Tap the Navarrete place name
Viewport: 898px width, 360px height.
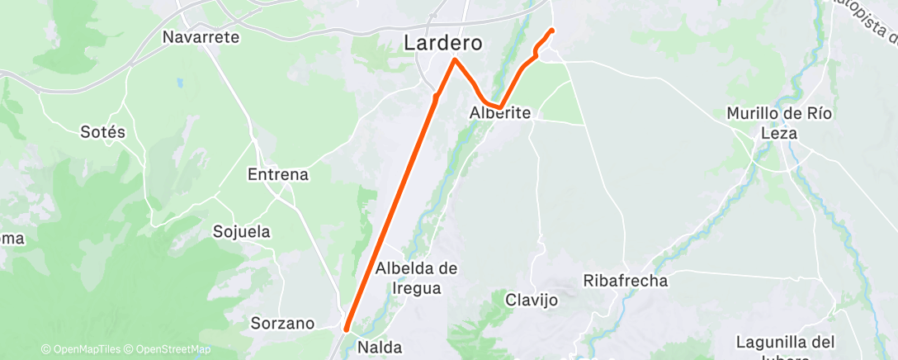click(201, 37)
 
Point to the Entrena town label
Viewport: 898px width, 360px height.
click(278, 174)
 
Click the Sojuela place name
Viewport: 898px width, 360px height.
click(242, 231)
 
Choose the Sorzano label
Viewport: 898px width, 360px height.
click(283, 323)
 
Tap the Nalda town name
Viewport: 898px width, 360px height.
click(379, 348)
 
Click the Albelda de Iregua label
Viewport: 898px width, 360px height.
click(416, 277)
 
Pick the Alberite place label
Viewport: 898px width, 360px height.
click(499, 113)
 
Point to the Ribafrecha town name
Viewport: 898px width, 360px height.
click(625, 281)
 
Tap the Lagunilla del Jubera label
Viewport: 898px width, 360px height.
click(785, 348)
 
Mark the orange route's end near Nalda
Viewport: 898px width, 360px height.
click(346, 329)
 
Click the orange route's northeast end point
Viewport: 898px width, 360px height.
click(551, 31)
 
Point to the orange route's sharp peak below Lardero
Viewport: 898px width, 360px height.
click(455, 59)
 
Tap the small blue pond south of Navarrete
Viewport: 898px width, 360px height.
click(179, 83)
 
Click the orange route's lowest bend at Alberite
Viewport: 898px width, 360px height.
click(496, 107)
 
